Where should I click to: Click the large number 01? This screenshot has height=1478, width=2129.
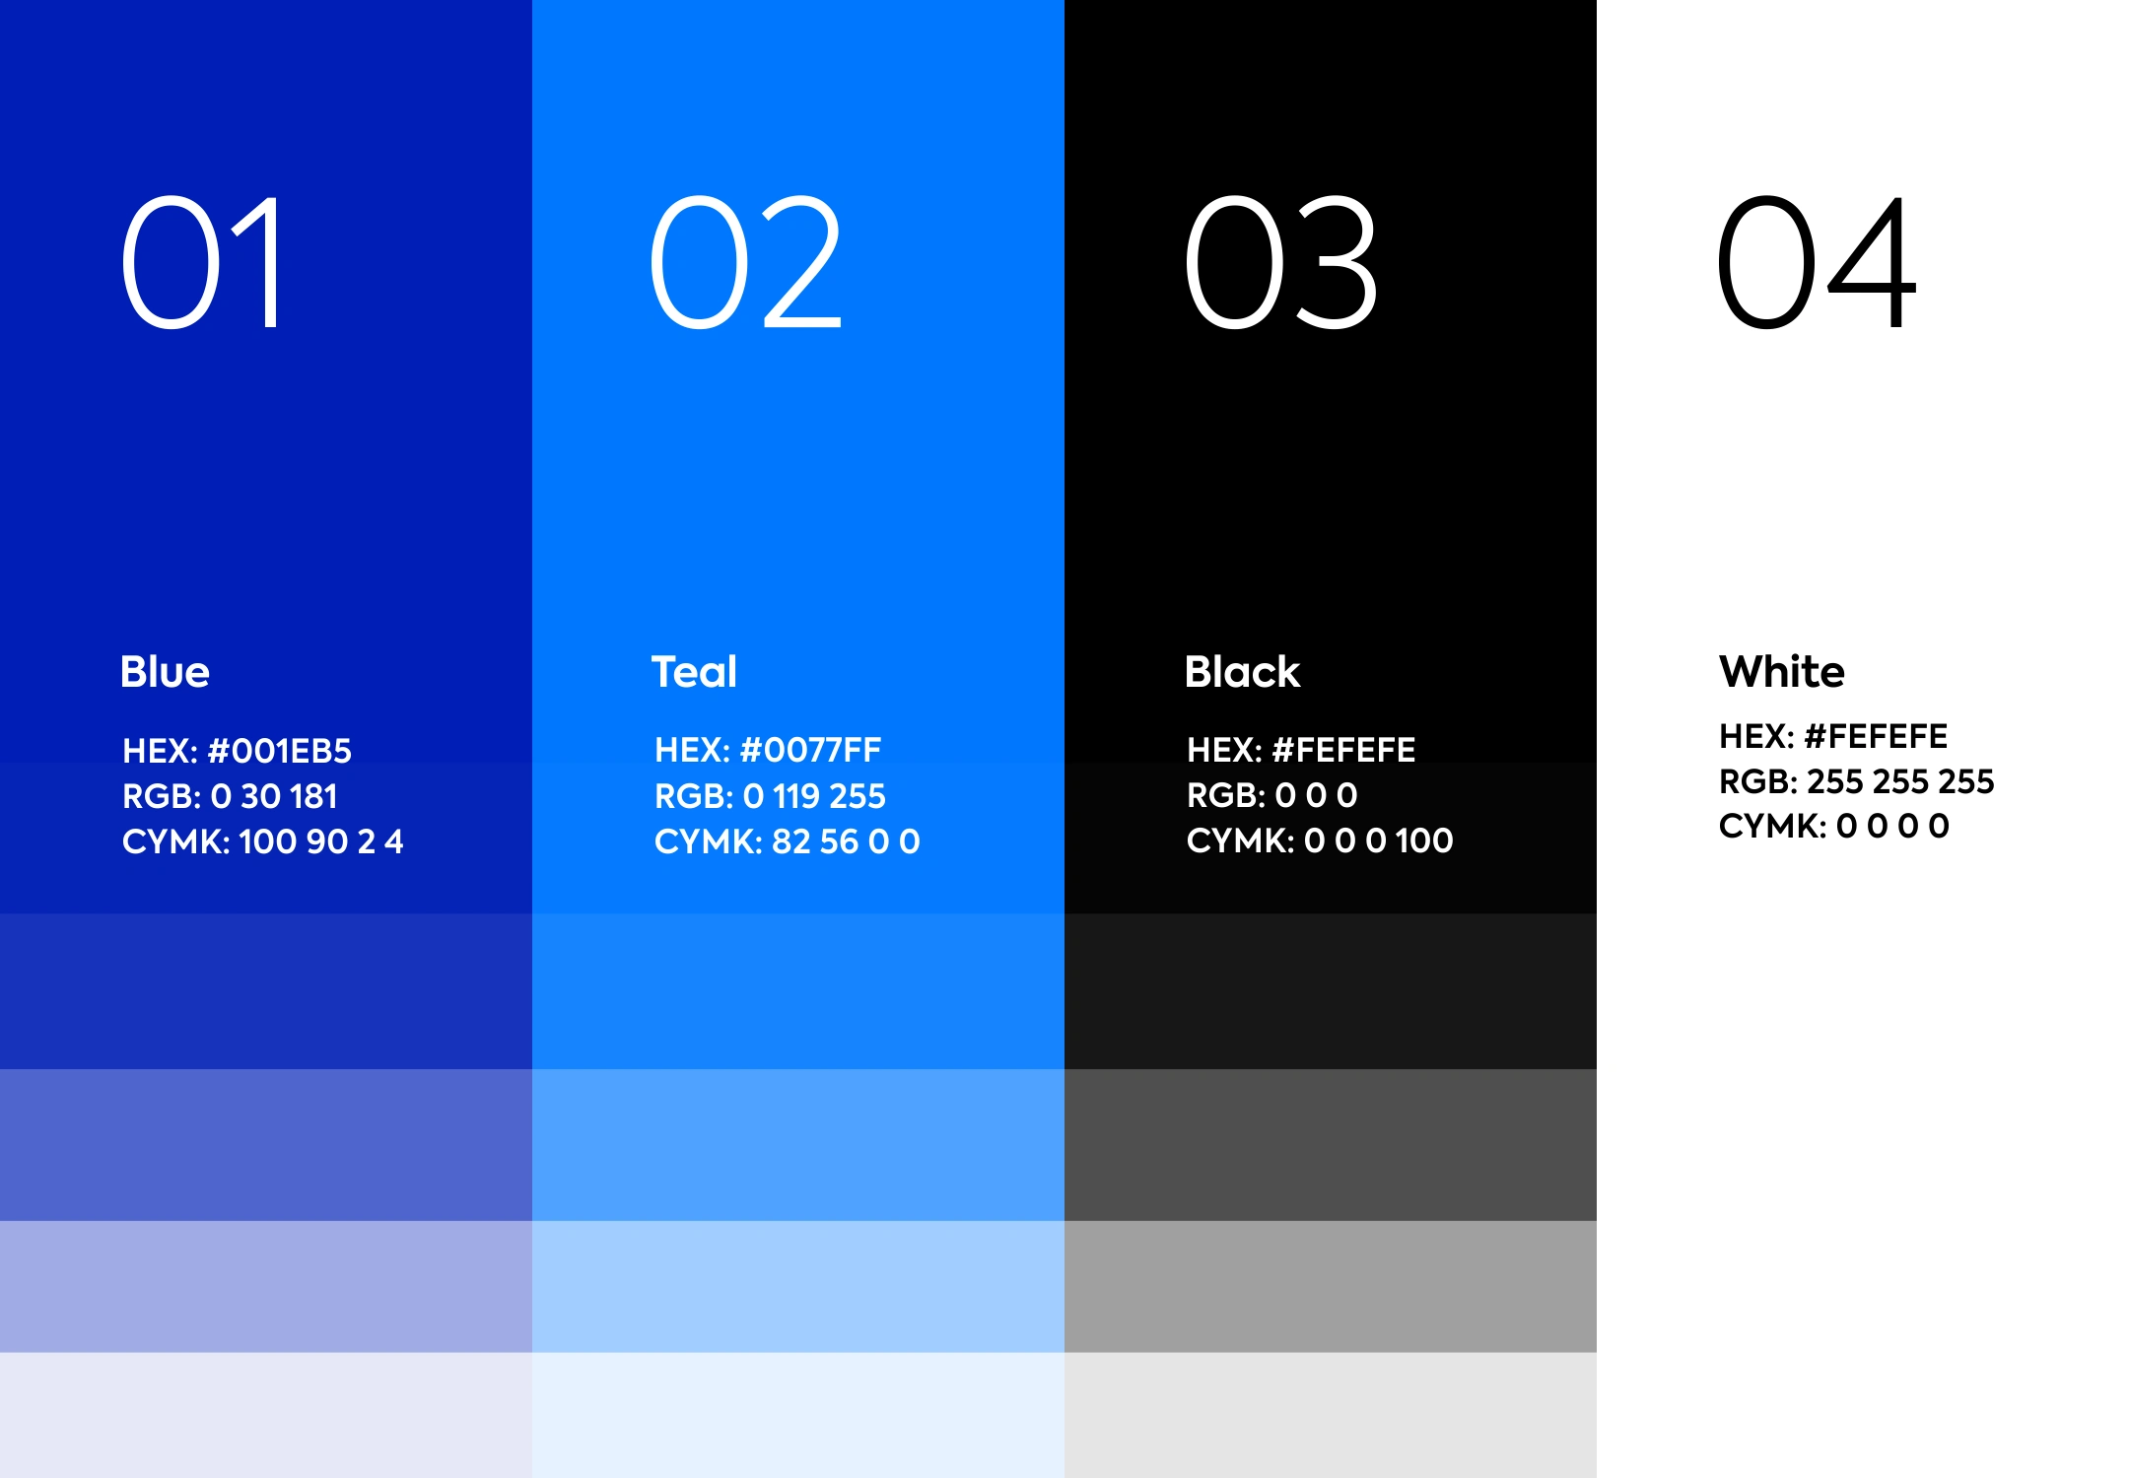click(201, 262)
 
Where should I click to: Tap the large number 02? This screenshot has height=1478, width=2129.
click(746, 262)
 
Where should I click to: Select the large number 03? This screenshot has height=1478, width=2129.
click(1280, 262)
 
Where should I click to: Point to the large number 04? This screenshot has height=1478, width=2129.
click(1817, 262)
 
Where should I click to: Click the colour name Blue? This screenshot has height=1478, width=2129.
click(165, 672)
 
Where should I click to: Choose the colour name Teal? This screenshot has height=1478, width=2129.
click(694, 672)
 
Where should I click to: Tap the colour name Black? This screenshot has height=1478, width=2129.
click(1242, 672)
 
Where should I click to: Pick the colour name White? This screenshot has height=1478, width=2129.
click(1781, 672)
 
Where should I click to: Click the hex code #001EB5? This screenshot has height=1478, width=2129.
click(280, 751)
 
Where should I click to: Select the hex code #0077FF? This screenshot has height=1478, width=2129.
click(810, 750)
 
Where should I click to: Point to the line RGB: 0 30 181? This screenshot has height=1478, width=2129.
click(230, 796)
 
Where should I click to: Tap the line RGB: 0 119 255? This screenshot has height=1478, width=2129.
click(770, 796)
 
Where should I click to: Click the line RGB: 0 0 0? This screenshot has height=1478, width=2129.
click(1271, 795)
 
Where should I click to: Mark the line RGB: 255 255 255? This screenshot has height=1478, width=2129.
click(1856, 781)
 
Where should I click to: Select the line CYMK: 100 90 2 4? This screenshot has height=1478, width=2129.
click(262, 841)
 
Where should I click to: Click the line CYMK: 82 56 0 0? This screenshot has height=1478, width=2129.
click(787, 841)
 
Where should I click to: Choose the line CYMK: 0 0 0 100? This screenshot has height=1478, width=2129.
click(1320, 840)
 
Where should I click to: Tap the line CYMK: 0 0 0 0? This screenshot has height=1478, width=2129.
click(1833, 826)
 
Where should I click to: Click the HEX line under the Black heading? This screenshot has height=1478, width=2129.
click(1301, 750)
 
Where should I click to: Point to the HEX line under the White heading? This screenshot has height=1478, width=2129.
click(1833, 736)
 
